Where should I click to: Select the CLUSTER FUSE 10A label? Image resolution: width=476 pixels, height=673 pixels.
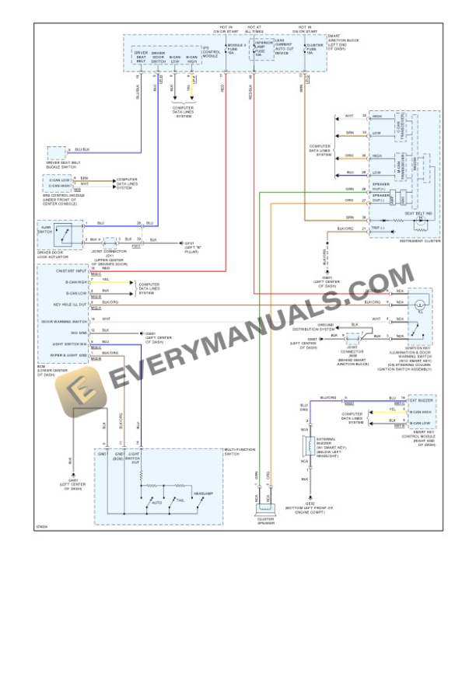314,49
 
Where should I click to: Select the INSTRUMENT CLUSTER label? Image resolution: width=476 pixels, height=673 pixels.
421,241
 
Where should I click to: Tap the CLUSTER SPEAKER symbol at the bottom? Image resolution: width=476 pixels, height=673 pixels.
267,513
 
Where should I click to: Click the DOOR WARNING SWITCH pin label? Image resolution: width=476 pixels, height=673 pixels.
64,320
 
